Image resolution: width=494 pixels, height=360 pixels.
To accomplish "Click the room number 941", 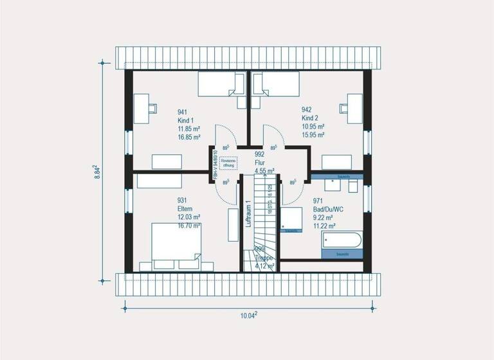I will (184, 112).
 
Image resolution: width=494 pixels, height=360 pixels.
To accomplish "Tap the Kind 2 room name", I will (310, 119).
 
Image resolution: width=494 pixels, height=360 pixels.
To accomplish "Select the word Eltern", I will (186, 208).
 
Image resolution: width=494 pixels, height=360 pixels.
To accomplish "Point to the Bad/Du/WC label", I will (327, 209).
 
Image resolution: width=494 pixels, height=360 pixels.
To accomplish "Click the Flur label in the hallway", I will (260, 163).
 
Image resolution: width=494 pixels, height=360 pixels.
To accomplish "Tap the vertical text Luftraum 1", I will (248, 214).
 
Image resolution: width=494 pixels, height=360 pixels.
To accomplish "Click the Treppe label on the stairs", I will (264, 257).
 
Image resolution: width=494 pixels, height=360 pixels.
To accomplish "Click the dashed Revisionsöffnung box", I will (228, 162).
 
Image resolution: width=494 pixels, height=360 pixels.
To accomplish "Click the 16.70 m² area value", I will (189, 226).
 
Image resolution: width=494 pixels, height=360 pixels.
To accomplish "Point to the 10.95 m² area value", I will (313, 127).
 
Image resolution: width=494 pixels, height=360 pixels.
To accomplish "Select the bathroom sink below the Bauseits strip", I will (333, 185).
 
